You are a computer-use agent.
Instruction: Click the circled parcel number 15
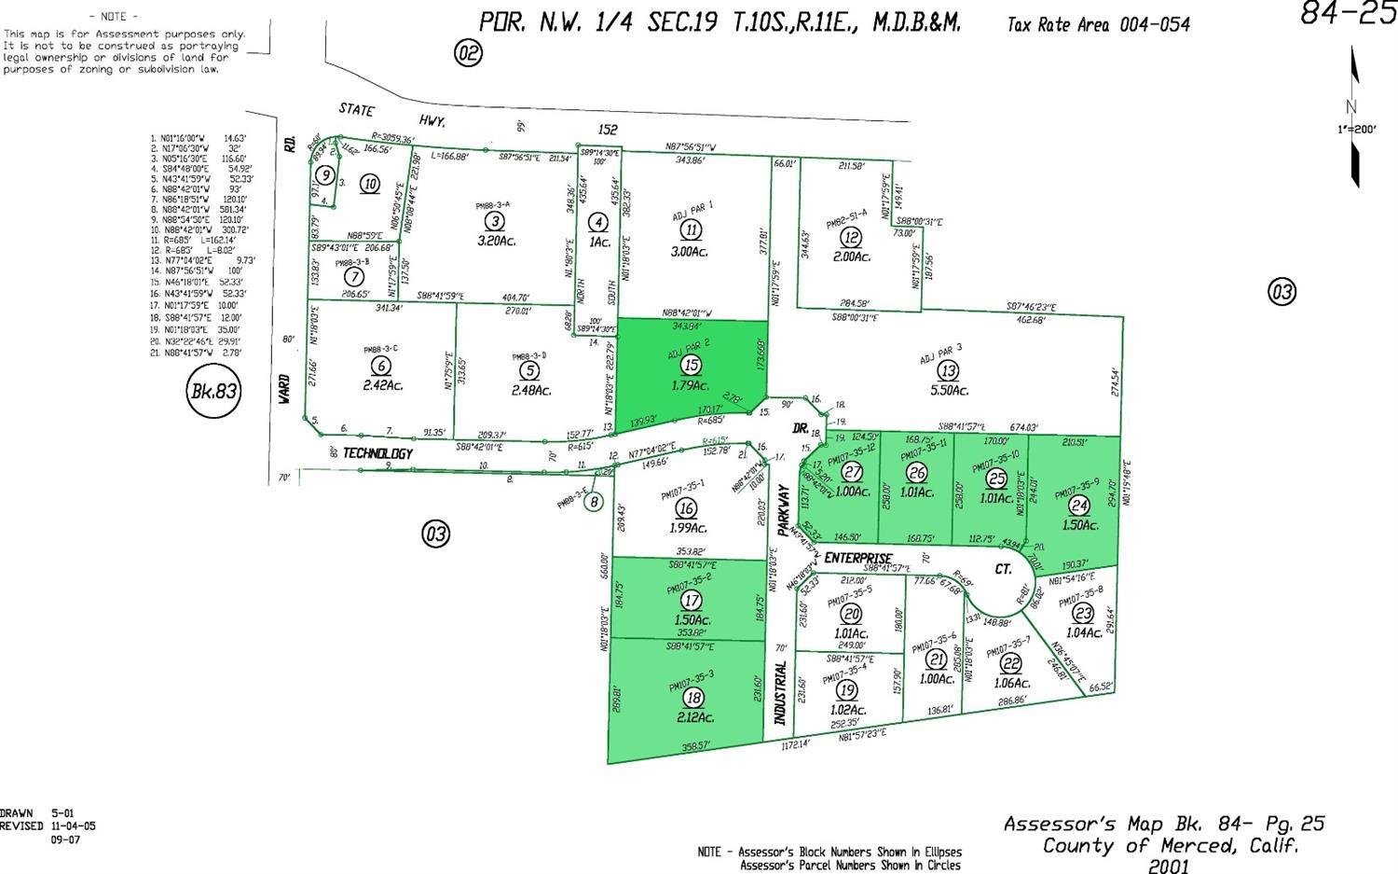coord(691,365)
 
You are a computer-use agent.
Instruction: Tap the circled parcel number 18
coord(692,698)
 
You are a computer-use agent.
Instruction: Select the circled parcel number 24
coord(1079,506)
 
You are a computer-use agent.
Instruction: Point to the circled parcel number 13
coord(948,372)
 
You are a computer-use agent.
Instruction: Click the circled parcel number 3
coord(496,221)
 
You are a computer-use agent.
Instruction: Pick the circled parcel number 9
coord(324,174)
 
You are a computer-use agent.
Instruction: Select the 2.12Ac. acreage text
coord(695,717)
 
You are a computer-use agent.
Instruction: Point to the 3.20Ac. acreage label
coord(496,241)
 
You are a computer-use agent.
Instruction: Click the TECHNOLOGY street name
coord(377,453)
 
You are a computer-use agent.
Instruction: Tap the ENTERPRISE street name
coord(857,558)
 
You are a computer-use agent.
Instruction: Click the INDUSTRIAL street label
coord(781,694)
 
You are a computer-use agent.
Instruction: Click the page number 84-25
coord(1348,15)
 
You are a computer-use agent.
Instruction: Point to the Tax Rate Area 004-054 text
coord(1098,24)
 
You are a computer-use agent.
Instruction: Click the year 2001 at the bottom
coord(1168,867)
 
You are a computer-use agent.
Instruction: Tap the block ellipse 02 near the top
coord(468,53)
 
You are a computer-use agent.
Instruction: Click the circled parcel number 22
coord(1009,663)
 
